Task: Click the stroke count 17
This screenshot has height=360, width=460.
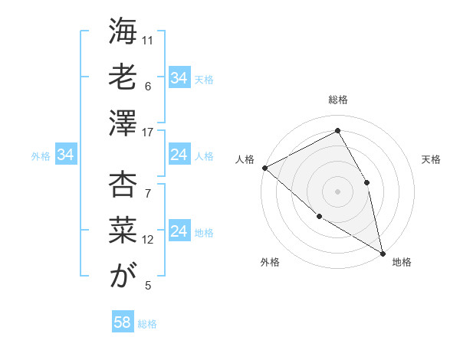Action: (149, 133)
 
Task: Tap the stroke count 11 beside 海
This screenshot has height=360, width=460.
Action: (149, 40)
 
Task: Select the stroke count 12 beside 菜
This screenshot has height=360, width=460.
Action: (149, 240)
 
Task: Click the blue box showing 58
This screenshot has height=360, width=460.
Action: (123, 322)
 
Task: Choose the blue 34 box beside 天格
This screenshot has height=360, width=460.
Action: (179, 78)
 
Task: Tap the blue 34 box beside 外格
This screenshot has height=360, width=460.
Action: (66, 155)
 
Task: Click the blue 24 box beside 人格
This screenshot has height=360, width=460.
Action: (179, 155)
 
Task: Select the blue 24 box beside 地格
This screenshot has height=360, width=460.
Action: (179, 232)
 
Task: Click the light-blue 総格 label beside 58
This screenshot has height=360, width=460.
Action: (147, 324)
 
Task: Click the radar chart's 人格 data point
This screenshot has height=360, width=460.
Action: (264, 168)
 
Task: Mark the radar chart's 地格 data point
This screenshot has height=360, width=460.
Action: (382, 252)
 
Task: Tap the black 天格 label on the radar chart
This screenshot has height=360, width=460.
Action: (431, 159)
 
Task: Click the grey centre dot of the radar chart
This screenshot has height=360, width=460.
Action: (338, 191)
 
